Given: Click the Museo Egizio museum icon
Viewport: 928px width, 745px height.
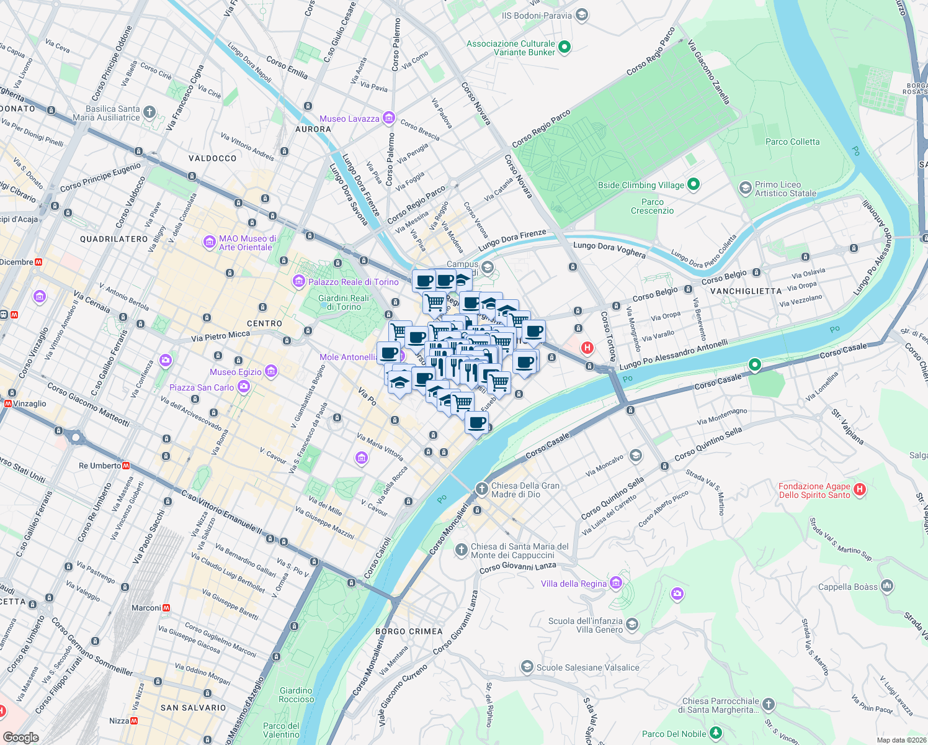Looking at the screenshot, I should click(x=270, y=371).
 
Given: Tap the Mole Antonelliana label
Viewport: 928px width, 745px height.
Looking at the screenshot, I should click(x=348, y=357).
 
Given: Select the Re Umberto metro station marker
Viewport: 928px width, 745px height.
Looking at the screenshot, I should click(x=126, y=466).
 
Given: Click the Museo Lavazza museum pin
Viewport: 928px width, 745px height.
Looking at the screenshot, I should click(x=388, y=118).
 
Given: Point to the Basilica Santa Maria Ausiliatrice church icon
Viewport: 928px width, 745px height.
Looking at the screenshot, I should click(x=149, y=112).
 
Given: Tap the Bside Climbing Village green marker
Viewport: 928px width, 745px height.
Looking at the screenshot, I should click(x=694, y=184).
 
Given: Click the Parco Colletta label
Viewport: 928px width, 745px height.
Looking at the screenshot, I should click(x=792, y=142).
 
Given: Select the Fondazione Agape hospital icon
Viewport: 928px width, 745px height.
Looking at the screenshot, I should click(x=859, y=489).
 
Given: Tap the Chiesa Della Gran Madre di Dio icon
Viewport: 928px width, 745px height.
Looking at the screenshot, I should click(x=481, y=489).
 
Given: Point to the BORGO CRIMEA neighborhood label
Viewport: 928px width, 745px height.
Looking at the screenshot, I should click(x=409, y=631).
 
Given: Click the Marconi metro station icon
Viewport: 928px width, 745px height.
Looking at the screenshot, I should click(x=166, y=608).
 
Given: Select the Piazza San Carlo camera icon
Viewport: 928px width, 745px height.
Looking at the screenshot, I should click(x=243, y=387).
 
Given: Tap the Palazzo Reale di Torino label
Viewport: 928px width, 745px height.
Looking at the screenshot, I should click(x=353, y=282).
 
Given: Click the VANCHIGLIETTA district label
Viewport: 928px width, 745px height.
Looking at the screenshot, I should click(x=746, y=291).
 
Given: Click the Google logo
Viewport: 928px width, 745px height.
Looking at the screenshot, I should click(x=20, y=738).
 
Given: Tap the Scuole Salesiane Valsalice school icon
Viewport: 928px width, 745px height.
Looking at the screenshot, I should click(x=527, y=667).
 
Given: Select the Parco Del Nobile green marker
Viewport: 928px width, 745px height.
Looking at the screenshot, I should click(x=715, y=733).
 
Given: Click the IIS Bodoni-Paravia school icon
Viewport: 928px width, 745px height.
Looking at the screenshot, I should click(x=581, y=15).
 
